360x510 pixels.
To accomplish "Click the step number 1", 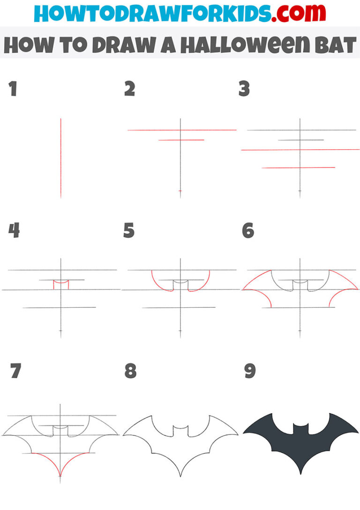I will [x=13, y=89].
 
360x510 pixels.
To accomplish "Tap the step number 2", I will [x=129, y=89].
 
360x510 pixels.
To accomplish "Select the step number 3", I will [x=244, y=89].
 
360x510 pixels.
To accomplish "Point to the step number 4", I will [x=14, y=230].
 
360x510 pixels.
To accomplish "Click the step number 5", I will [x=129, y=230].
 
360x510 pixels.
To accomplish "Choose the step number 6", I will [x=248, y=230].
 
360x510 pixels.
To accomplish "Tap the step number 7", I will [x=15, y=371].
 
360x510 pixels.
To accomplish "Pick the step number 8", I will [x=130, y=371].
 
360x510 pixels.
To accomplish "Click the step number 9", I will [x=249, y=371].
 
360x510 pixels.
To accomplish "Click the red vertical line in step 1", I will [x=60, y=158].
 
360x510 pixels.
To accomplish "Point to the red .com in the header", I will [x=293, y=14].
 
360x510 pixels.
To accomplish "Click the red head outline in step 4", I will [x=61, y=284].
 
